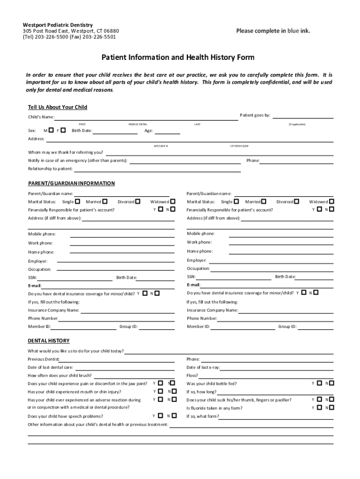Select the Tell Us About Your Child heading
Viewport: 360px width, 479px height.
click(x=58, y=107)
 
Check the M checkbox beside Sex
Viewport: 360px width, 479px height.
click(x=50, y=130)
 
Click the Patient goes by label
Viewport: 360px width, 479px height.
click(x=255, y=115)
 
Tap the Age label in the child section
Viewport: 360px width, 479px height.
click(x=149, y=131)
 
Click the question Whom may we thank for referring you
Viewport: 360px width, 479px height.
click(x=66, y=152)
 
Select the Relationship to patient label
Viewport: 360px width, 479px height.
click(x=50, y=168)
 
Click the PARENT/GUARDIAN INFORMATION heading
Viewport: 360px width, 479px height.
click(x=71, y=183)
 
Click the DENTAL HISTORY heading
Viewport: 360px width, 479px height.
click(x=49, y=341)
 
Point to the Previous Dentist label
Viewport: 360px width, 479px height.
click(x=43, y=359)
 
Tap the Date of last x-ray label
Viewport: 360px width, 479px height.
click(x=203, y=367)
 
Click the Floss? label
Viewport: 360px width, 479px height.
click(x=192, y=376)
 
